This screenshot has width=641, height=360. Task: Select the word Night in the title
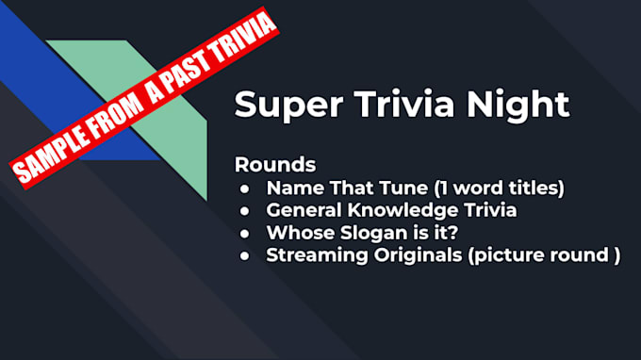click(518, 104)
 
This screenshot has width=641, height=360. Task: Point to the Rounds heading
click(274, 164)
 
